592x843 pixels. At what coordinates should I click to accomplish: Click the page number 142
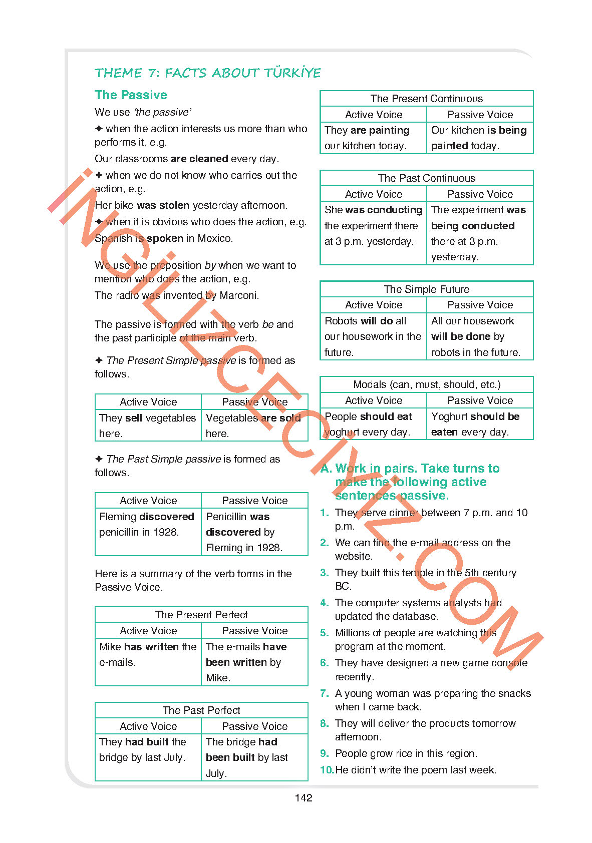point(304,798)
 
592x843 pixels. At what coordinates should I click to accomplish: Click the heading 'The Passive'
point(131,95)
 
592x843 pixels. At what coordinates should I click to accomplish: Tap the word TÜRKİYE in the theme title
point(292,73)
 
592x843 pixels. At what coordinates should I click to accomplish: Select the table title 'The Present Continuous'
point(426,99)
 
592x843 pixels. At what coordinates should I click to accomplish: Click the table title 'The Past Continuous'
point(426,178)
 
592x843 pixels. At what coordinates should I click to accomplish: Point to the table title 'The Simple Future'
point(426,289)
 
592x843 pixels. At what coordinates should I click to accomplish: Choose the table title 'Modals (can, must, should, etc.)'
point(426,384)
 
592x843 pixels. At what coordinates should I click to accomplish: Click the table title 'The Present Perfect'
point(201,615)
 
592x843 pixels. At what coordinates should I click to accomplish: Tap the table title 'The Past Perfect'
point(201,710)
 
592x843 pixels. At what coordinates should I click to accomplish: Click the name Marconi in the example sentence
point(239,295)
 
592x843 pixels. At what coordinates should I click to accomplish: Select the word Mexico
point(214,238)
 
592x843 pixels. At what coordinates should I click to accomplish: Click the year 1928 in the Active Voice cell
point(166,532)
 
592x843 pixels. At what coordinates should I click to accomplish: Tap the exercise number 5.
point(325,633)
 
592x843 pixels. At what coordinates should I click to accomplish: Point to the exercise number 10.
point(327,770)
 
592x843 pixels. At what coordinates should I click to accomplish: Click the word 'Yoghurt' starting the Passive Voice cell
point(449,416)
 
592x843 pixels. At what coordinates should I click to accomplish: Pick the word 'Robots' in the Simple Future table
point(342,321)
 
